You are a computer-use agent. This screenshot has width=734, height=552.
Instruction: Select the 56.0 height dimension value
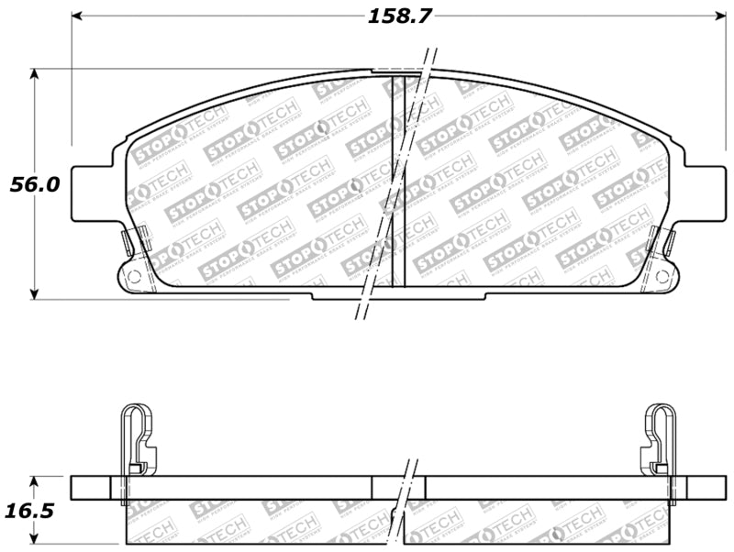36,184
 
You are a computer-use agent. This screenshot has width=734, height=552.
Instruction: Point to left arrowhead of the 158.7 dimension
77,16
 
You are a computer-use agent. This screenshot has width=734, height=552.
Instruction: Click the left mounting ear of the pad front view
92,193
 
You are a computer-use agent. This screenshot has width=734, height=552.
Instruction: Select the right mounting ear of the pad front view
704,193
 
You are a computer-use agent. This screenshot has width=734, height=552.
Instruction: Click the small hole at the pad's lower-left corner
134,275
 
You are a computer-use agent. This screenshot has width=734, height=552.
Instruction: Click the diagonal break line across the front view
395,183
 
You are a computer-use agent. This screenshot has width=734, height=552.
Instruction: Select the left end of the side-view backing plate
91,487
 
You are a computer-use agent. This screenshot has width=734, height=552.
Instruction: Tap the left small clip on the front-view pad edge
128,243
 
